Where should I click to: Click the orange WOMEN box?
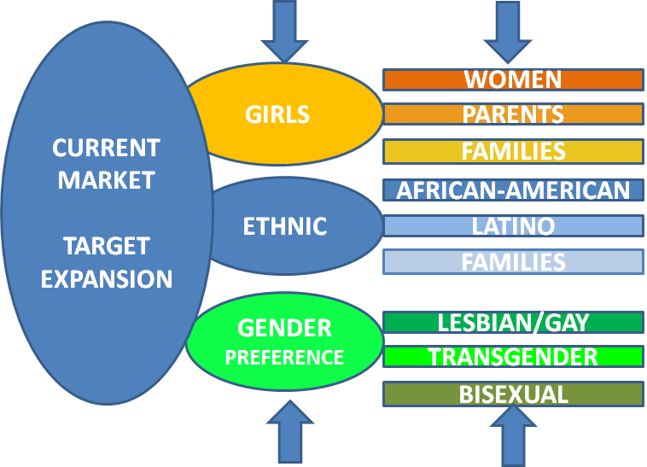(x=513, y=80)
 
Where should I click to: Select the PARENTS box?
(x=513, y=114)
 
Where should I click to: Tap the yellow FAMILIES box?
(x=513, y=151)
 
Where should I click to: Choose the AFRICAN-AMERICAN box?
(x=513, y=190)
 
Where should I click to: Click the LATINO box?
(x=513, y=226)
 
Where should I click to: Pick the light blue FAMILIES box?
(x=513, y=261)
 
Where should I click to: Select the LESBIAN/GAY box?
(x=513, y=323)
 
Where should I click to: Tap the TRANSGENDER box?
(x=513, y=356)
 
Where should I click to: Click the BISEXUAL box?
(x=513, y=394)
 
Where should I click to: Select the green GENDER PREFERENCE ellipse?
(x=284, y=342)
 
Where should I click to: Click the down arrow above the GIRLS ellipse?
(x=284, y=30)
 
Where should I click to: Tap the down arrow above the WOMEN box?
(x=507, y=30)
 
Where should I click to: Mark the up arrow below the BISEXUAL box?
(x=513, y=435)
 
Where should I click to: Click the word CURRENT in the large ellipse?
(x=106, y=148)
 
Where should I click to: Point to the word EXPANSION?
(x=106, y=279)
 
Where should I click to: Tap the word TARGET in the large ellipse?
(x=106, y=247)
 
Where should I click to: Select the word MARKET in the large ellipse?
(x=106, y=180)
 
